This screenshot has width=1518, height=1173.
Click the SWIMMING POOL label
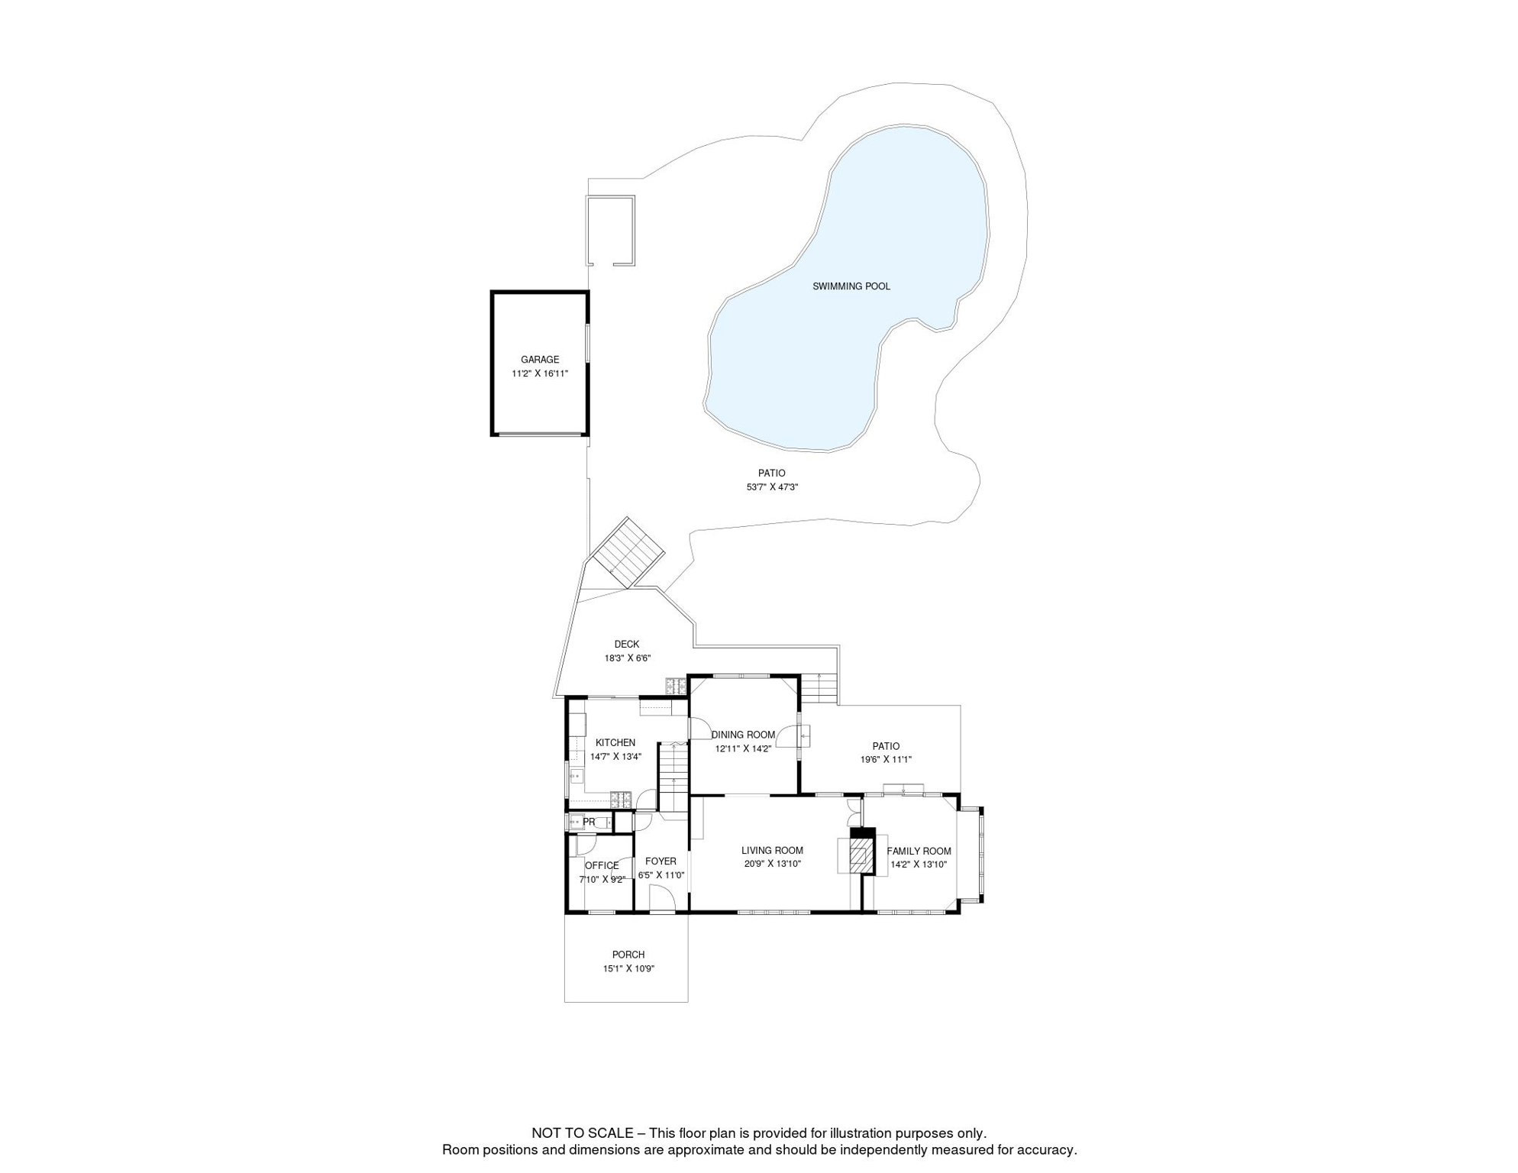pos(851,286)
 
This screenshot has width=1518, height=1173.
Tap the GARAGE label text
pos(540,360)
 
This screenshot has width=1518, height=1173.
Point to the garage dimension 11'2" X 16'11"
pos(540,373)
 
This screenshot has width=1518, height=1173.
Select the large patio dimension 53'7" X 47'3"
pos(772,487)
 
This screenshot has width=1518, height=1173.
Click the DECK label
pos(626,645)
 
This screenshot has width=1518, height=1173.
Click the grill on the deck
pos(676,686)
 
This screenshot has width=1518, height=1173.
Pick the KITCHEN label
pos(615,743)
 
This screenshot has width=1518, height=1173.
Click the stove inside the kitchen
pos(621,800)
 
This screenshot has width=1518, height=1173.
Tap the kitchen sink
pos(575,776)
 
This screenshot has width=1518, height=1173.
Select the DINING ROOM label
pos(743,735)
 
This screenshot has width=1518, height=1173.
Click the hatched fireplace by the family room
pos(861,856)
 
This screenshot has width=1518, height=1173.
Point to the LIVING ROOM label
pos(772,851)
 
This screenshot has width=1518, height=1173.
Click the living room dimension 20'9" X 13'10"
pos(772,864)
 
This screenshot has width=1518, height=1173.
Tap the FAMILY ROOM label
pos(919,851)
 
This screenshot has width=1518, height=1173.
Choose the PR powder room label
pos(589,822)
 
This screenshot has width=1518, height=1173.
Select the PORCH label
pos(628,955)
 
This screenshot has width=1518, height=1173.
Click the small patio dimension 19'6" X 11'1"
pos(886,760)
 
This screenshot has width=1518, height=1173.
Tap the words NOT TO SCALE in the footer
pos(582,1133)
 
